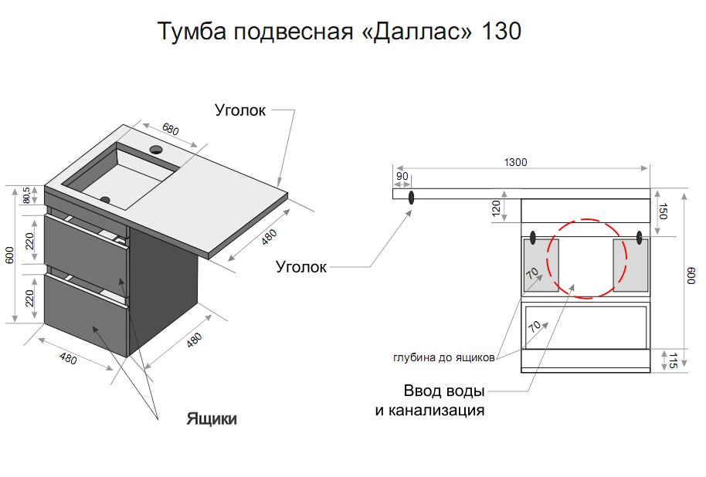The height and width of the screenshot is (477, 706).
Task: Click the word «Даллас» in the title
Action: pyautogui.click(x=417, y=32)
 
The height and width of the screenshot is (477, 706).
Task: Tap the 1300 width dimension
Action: pyautogui.click(x=515, y=162)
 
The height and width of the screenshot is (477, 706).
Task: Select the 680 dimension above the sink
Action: pyautogui.click(x=171, y=129)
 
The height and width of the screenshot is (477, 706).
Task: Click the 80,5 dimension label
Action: pyautogui.click(x=26, y=195)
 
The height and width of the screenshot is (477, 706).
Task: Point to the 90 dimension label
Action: pyautogui.click(x=402, y=176)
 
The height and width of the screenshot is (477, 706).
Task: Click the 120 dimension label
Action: pyautogui.click(x=496, y=208)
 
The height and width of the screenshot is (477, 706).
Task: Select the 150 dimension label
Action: pyautogui.click(x=662, y=211)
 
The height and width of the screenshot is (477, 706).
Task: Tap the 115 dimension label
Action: pyautogui.click(x=673, y=361)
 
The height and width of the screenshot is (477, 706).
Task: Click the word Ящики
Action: pyautogui.click(x=212, y=419)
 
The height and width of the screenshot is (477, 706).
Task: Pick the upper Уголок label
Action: pyautogui.click(x=240, y=110)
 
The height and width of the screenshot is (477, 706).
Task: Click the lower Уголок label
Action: pyautogui.click(x=300, y=267)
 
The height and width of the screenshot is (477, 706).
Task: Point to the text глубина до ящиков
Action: pyautogui.click(x=444, y=358)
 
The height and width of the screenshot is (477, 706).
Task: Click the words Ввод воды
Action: pyautogui.click(x=444, y=390)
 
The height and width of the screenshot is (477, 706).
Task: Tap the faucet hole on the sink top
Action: pyautogui.click(x=156, y=150)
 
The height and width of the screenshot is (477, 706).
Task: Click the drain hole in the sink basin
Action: pyautogui.click(x=105, y=199)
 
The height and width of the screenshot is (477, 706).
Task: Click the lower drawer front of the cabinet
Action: pyautogui.click(x=86, y=315)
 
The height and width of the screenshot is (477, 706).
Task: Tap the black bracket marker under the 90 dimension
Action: pyautogui.click(x=411, y=197)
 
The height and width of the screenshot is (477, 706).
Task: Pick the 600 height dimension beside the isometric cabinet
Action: pyautogui.click(x=10, y=255)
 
